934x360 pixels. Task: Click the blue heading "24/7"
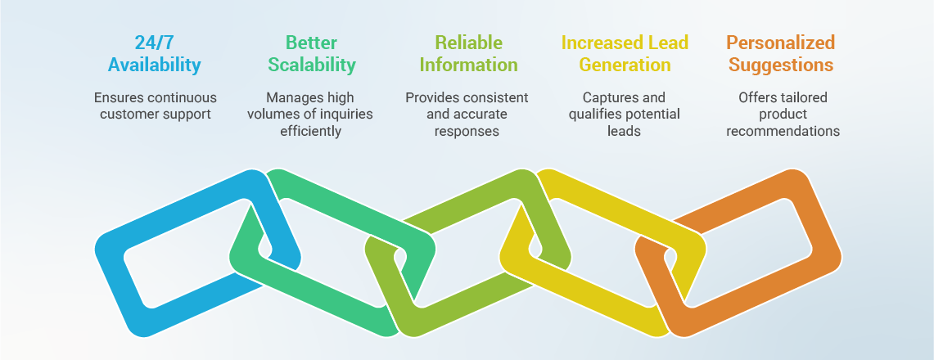pyautogui.click(x=155, y=43)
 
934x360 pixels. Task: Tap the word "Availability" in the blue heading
pyautogui.click(x=155, y=65)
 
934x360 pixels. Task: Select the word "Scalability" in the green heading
pyautogui.click(x=312, y=65)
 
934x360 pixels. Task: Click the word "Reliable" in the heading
pyautogui.click(x=468, y=43)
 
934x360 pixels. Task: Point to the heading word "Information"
pyautogui.click(x=468, y=65)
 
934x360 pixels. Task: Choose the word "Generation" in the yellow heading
pyautogui.click(x=625, y=65)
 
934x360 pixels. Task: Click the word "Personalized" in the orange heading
pyautogui.click(x=781, y=43)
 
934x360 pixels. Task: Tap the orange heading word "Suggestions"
pyautogui.click(x=781, y=65)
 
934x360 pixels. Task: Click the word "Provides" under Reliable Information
pyautogui.click(x=431, y=98)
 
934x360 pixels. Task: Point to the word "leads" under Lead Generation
pyautogui.click(x=625, y=131)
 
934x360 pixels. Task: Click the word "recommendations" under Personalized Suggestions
pyautogui.click(x=783, y=131)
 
